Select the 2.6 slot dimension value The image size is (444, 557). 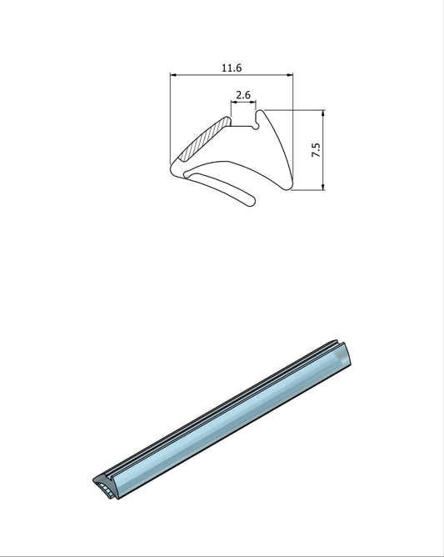243,95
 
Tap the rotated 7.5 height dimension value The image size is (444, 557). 316,150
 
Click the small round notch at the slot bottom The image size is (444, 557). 257,126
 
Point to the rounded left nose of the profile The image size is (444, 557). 172,171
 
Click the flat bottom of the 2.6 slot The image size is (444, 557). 242,127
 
